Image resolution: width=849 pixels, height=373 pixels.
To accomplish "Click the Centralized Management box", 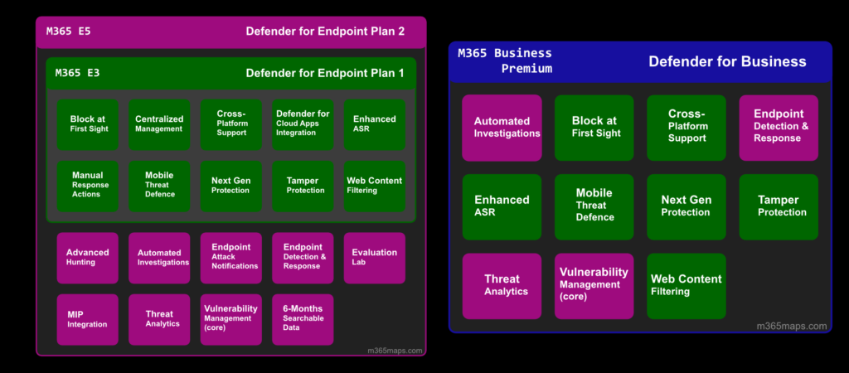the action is pos(159,124).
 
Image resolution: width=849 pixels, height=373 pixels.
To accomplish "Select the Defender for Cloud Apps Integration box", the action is pos(303,124).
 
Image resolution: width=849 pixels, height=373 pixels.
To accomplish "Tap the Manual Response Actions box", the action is pos(88,186).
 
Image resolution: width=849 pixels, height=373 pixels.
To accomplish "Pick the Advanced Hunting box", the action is pos(88,259).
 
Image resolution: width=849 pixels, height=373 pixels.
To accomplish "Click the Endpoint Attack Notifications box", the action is pos(231,259).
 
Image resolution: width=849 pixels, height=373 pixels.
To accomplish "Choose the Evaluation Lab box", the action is pos(375,259).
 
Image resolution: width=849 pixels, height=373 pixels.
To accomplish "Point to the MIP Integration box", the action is pos(88,319).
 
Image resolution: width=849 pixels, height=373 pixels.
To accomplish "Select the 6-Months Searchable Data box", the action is pos(303,319).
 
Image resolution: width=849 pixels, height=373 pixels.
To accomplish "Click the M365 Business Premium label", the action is pos(505,61).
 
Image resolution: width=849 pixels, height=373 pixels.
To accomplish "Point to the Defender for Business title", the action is pos(727,61).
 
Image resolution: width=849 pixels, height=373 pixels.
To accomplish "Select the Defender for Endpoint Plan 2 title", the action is pos(325,31).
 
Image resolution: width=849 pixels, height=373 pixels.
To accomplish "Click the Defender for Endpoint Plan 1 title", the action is pos(325,73).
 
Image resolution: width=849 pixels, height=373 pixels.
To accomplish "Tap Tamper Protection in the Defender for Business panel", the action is pos(779,206).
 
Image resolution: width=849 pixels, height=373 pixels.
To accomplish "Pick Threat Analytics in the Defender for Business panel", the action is pos(502,287).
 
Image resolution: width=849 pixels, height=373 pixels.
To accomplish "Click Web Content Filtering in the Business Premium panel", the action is pos(686,287).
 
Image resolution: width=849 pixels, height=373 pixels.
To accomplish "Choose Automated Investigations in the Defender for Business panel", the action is pos(502,128).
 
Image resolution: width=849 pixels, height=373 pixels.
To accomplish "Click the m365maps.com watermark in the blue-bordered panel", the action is pos(792,326).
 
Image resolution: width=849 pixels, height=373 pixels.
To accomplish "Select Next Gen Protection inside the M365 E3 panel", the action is pos(231,186).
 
